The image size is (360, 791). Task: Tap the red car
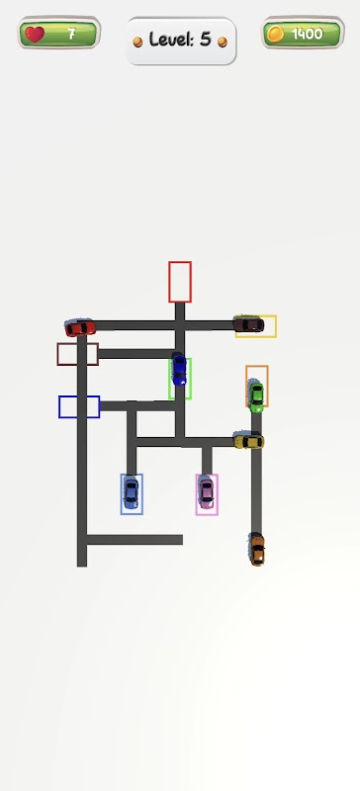pyautogui.click(x=80, y=328)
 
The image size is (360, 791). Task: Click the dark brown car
pyautogui.click(x=248, y=324)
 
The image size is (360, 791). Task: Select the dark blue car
pyautogui.click(x=179, y=370)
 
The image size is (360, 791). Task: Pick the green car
pyautogui.click(x=256, y=397)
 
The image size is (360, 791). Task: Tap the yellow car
pyautogui.click(x=248, y=441)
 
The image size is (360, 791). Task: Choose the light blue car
pyautogui.click(x=131, y=492)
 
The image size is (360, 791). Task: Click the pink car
pyautogui.click(x=206, y=492)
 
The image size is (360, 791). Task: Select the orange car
pyautogui.click(x=257, y=550)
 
